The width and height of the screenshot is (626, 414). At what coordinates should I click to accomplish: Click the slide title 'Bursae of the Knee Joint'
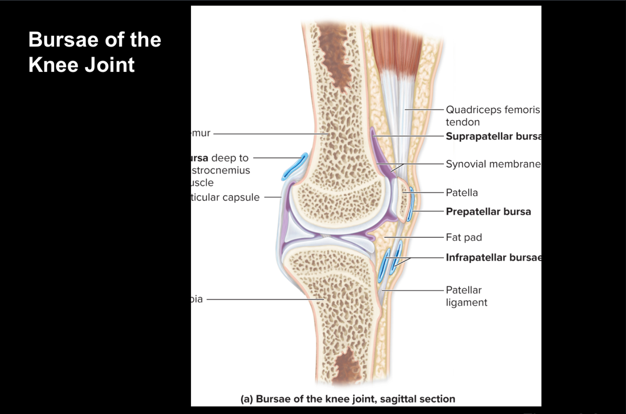(x=95, y=52)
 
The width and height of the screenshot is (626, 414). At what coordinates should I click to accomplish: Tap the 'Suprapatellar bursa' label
(x=493, y=136)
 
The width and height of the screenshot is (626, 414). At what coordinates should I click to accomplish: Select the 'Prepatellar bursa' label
(x=488, y=212)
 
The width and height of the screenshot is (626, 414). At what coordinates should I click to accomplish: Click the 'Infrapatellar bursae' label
(x=493, y=257)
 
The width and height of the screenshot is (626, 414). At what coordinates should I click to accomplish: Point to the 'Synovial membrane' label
(x=493, y=164)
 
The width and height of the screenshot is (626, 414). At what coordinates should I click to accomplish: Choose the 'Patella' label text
(x=462, y=193)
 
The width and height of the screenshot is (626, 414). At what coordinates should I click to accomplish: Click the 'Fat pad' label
(x=463, y=237)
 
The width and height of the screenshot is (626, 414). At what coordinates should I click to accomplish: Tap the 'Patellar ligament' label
(x=466, y=296)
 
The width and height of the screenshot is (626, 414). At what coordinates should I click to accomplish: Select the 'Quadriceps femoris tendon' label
(x=492, y=116)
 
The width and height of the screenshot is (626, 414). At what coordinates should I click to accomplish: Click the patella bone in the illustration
(x=403, y=199)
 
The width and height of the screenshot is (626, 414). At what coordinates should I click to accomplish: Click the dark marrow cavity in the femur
(x=333, y=51)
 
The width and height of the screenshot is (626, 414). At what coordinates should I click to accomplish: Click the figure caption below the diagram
(x=348, y=399)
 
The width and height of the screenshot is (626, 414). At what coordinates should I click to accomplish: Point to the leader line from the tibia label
(x=264, y=299)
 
